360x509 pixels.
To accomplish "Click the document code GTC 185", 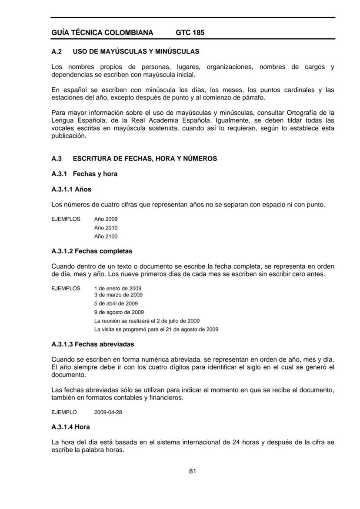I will [190, 33].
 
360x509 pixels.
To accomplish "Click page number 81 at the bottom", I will [193, 471].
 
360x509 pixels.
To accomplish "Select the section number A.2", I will [56, 52].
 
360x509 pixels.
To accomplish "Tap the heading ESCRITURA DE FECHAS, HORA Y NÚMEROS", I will [145, 159].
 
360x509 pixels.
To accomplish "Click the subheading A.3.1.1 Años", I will [71, 190].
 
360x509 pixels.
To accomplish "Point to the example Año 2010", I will [106, 228].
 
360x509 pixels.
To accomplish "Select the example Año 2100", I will [106, 236].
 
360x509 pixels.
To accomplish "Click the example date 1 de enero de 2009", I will [117, 288].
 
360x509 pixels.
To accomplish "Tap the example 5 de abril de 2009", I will [116, 303].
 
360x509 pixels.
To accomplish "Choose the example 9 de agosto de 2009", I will [119, 312].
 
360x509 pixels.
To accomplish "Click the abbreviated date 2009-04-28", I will [108, 413].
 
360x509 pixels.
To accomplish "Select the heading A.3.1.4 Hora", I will [70, 427].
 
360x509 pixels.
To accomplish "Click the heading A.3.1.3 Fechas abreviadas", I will [93, 344].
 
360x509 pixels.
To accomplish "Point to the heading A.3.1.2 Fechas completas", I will [92, 251].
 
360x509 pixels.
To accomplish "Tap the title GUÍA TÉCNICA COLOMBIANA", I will [102, 33].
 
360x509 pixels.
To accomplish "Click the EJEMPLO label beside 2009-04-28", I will [64, 413].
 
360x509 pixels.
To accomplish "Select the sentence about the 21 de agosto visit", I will [156, 329].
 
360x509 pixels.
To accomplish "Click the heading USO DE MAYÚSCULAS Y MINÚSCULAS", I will [136, 52].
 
